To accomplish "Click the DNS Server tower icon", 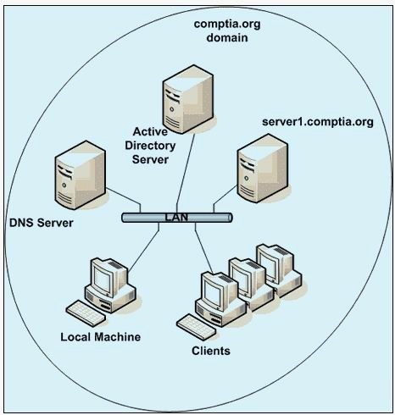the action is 81,175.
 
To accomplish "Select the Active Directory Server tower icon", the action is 188,99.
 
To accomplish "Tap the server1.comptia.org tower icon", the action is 263,169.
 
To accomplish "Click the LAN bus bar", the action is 177,218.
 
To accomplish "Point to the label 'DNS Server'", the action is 42,223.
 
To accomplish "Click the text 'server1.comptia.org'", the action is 318,122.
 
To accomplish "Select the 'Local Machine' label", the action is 101,337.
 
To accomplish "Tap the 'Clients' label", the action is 211,351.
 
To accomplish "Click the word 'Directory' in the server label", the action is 150,146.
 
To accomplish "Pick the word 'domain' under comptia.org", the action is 227,37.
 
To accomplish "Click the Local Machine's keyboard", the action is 86,313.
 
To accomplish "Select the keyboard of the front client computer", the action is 197,327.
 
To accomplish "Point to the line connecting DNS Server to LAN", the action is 124,200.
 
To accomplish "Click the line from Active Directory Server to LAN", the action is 186,173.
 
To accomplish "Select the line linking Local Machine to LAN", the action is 143,247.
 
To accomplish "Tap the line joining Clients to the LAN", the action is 203,248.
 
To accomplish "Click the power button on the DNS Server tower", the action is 64,185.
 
